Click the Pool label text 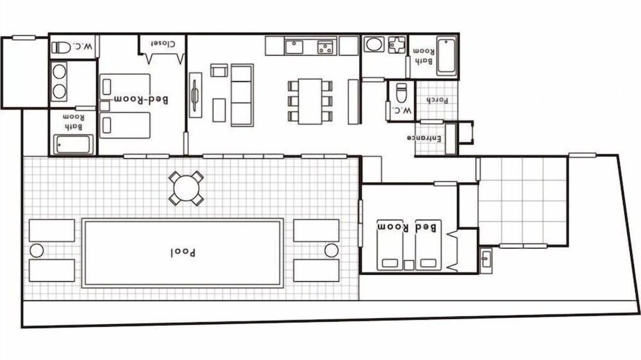pos(183,252)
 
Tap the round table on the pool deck pos(186,188)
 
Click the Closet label pos(163,44)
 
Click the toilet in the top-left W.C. pos(62,47)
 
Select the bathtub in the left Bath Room pos(73,144)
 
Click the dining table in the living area pos(310,101)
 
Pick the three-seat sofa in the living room pos(242,95)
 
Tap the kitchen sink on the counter pos(294,46)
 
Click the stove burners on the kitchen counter pos(326,46)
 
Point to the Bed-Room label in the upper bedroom pos(141,100)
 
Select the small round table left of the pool pos(37,250)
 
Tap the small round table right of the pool pos(331,250)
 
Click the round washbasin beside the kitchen pos(373,45)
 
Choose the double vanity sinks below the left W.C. pos(59,81)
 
